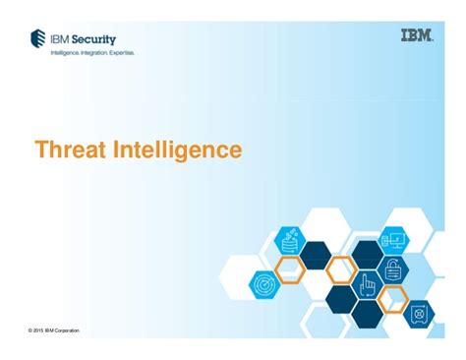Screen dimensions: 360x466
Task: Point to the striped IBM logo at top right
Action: point(417,36)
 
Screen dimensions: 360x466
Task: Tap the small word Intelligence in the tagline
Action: point(64,52)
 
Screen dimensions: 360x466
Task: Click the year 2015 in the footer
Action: point(40,330)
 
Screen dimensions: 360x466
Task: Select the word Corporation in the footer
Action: point(67,330)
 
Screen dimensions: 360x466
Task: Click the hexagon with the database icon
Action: point(290,239)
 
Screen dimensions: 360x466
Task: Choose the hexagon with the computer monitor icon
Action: point(393,239)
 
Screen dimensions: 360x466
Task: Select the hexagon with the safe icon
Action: point(419,313)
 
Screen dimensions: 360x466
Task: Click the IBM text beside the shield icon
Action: point(61,38)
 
